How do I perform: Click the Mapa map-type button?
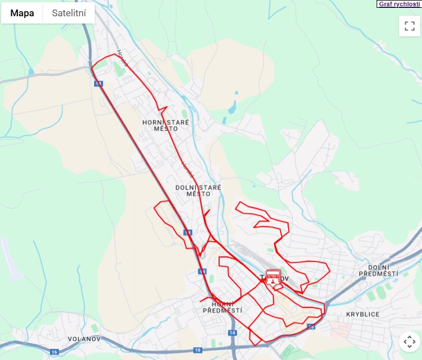point(22,13)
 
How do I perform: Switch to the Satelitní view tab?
point(69,13)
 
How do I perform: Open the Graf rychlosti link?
point(398,4)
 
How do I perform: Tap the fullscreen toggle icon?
point(410,26)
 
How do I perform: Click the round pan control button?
point(410,341)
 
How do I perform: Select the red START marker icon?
point(273,278)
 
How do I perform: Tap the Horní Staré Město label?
point(165,125)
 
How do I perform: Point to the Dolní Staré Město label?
point(198,190)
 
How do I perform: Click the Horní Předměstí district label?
point(222,307)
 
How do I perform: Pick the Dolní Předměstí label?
point(383,270)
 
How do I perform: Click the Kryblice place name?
point(363,314)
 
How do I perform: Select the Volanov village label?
point(84,339)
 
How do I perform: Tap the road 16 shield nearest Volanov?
point(54,352)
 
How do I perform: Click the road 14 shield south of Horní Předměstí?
point(232,333)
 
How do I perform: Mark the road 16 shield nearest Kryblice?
point(312,326)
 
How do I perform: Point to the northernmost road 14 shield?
point(99,84)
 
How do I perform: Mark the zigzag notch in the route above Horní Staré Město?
point(163,108)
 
